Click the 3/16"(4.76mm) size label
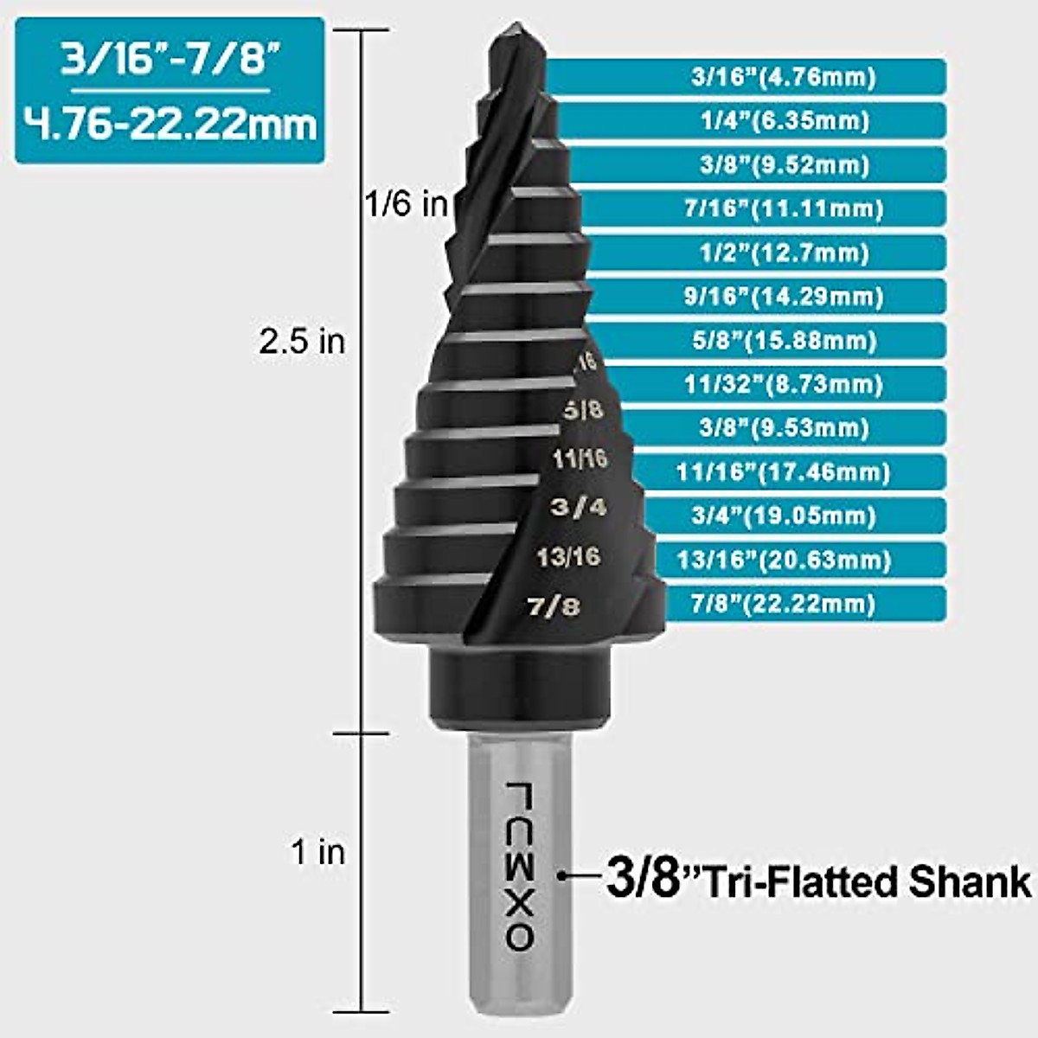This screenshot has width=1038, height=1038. click(783, 77)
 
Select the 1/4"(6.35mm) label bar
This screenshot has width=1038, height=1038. click(783, 121)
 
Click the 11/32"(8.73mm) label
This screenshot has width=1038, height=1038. click(784, 384)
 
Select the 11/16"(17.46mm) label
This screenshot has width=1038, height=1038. click(783, 472)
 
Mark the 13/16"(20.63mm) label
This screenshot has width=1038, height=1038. click(784, 560)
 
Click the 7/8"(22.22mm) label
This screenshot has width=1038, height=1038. click(783, 604)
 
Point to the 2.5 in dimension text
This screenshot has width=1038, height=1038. click(302, 342)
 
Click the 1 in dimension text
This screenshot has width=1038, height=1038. click(318, 853)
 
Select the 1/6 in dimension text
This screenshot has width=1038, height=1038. click(406, 205)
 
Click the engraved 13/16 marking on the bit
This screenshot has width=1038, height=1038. click(567, 556)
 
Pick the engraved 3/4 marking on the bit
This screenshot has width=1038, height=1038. click(579, 507)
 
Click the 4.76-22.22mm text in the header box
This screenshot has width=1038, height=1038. click(170, 125)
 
